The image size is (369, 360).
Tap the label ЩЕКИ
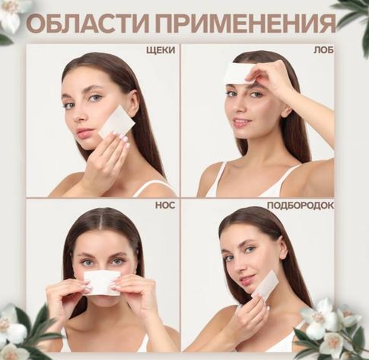161,50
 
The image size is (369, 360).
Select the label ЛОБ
323,50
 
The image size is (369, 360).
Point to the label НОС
165,205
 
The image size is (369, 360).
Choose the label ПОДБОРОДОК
301,205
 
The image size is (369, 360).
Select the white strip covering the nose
102,282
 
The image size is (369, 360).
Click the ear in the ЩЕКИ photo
134,102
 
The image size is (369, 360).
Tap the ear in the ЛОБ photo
287,111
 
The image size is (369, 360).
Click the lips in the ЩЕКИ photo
84,132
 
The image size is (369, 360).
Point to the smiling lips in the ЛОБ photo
241,123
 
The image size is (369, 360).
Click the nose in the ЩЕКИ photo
79,116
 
